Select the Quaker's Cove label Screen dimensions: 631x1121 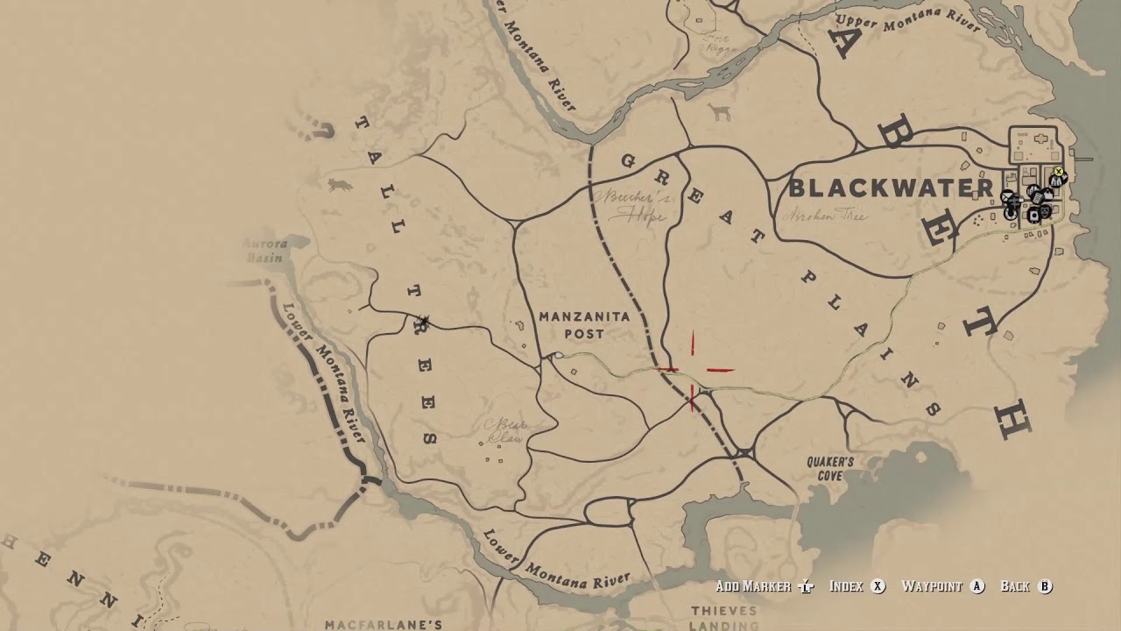pyautogui.click(x=830, y=469)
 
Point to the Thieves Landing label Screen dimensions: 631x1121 pyautogui.click(x=723, y=618)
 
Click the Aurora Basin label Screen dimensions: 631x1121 pyautogui.click(x=264, y=252)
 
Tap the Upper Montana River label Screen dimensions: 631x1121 pyautogui.click(x=908, y=19)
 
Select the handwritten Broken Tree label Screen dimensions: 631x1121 pyautogui.click(x=827, y=215)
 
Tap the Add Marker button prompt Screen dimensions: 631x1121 pyautogui.click(x=765, y=586)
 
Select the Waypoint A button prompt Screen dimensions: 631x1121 pyautogui.click(x=943, y=586)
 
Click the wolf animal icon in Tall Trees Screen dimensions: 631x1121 pyautogui.click(x=339, y=185)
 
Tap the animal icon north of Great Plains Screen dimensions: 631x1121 pyautogui.click(x=720, y=113)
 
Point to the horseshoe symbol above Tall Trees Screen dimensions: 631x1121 pyautogui.click(x=324, y=131)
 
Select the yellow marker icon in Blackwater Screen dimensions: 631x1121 pyautogui.click(x=1059, y=172)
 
